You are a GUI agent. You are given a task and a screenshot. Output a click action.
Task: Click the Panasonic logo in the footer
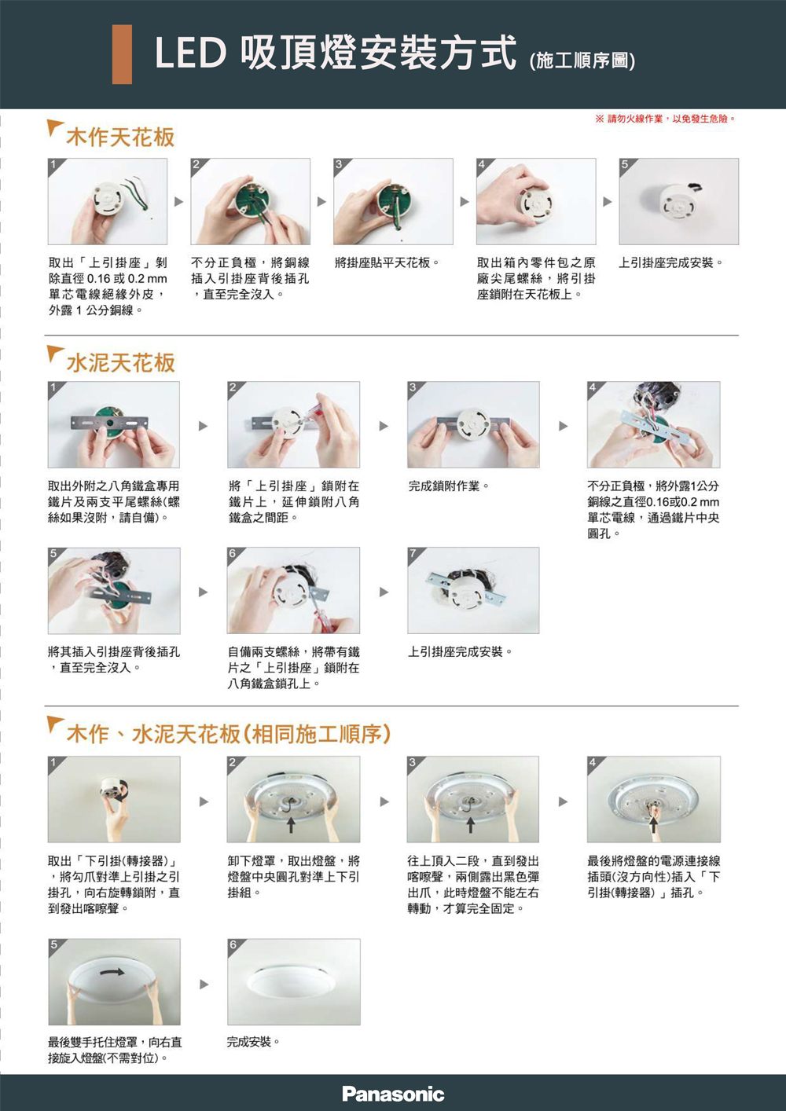pyautogui.click(x=393, y=1094)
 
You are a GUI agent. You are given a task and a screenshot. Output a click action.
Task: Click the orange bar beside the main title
pyautogui.click(x=122, y=54)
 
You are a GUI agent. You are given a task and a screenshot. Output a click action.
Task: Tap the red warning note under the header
pyautogui.click(x=665, y=119)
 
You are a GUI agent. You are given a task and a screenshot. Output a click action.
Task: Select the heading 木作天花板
pyautogui.click(x=120, y=137)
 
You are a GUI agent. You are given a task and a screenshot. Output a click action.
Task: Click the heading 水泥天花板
pyautogui.click(x=120, y=362)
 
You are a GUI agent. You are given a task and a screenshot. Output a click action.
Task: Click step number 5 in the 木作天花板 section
pyautogui.click(x=625, y=164)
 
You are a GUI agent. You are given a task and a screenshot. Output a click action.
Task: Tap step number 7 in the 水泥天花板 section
pyautogui.click(x=413, y=553)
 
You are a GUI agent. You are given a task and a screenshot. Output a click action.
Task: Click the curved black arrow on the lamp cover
pyautogui.click(x=112, y=972)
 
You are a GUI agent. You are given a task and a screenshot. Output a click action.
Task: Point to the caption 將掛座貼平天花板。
pyautogui.click(x=387, y=262)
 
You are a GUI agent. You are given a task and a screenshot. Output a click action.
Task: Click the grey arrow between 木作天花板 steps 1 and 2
pyautogui.click(x=178, y=202)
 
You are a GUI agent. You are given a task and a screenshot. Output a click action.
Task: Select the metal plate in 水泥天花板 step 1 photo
pyautogui.click(x=110, y=423)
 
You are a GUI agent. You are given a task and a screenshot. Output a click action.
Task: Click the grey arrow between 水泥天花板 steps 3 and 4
pyautogui.click(x=564, y=426)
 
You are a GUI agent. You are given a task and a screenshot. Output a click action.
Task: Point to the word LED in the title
pyautogui.click(x=190, y=53)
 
